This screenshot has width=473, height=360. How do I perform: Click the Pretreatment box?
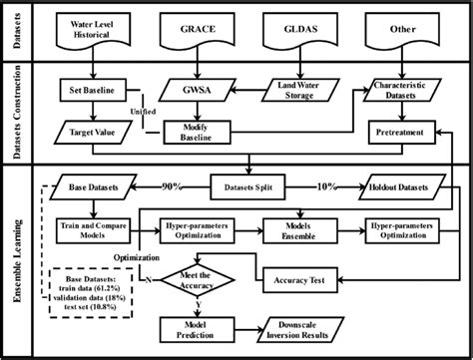[396, 131]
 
